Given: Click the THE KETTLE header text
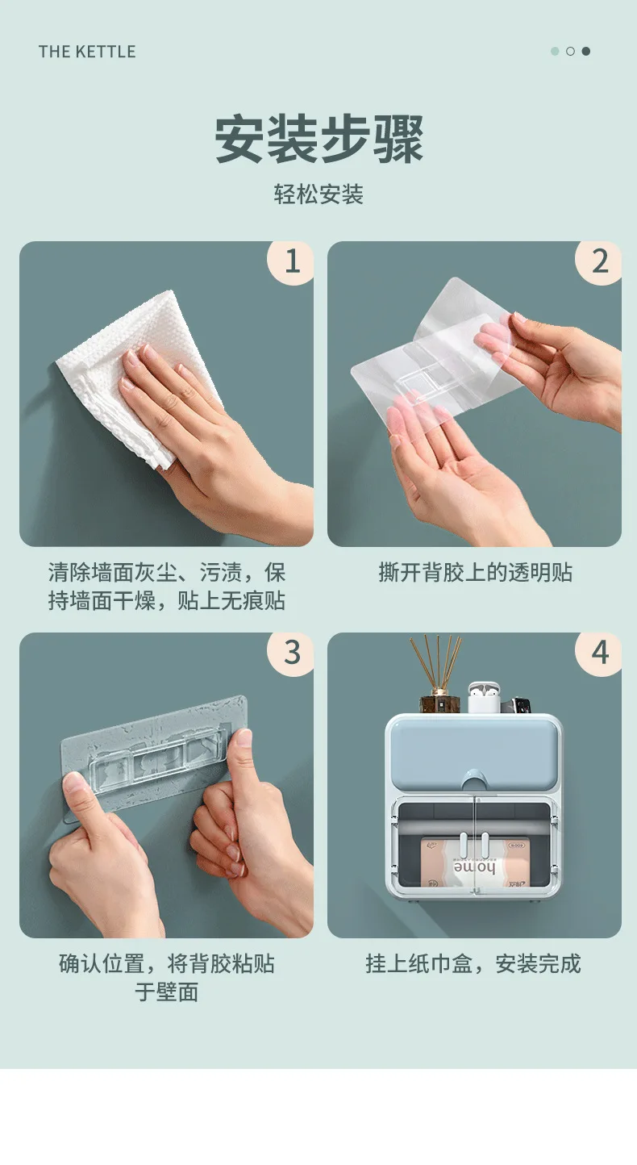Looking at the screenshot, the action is pos(87,52).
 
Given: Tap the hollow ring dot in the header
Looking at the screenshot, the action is pos(570,51).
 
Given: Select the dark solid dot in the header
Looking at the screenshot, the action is pos(586,51).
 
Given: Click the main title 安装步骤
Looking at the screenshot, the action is pos(318,140).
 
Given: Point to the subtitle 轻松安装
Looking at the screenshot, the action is pos(318,194).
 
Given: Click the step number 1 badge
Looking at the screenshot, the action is pos(290,261).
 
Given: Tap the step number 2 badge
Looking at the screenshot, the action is pos(598,261).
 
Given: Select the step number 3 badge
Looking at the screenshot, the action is pos(290,653).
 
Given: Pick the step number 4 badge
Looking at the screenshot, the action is pos(598,653).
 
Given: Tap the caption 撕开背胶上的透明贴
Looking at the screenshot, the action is pos(475,573).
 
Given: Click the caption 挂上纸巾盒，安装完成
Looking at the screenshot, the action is pos(473,964).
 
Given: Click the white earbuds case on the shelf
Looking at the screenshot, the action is pos(484,698).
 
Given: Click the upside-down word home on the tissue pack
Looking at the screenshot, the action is pos(474,867).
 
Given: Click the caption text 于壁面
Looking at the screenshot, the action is pos(167,992).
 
